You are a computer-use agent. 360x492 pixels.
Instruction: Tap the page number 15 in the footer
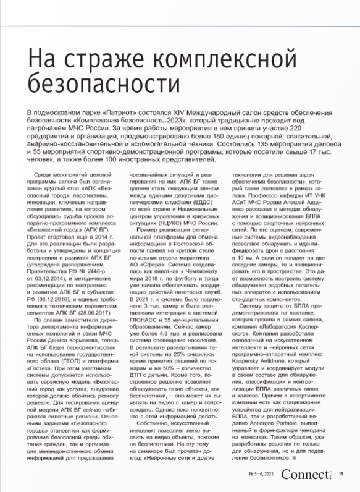341,475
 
